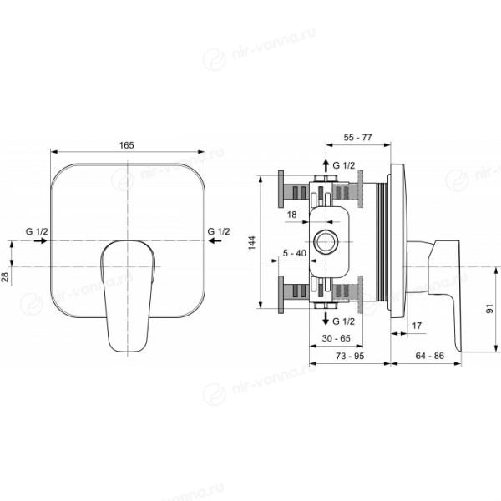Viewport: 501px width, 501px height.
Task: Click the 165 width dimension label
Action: point(127,145)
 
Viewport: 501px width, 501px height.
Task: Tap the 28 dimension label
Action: point(6,277)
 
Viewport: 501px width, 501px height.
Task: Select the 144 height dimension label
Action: point(252,243)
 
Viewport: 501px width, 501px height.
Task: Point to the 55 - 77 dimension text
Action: point(358,138)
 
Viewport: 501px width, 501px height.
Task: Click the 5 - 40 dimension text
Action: point(295,253)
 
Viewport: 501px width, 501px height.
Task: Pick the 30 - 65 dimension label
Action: point(337,338)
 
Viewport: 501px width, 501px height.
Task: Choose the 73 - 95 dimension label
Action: point(350,356)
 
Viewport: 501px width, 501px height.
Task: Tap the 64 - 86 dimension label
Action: point(430,356)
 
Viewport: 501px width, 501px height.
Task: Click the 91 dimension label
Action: point(489,309)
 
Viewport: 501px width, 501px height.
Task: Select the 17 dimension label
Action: point(417,326)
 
